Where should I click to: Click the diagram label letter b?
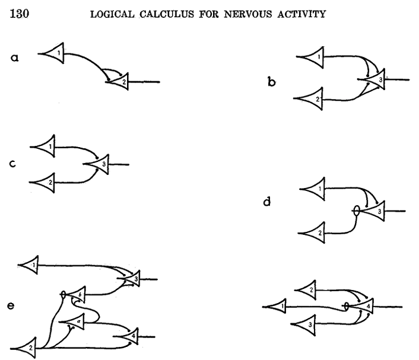point(271,82)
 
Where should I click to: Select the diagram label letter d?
point(267,202)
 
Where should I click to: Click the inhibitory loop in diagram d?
point(355,209)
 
